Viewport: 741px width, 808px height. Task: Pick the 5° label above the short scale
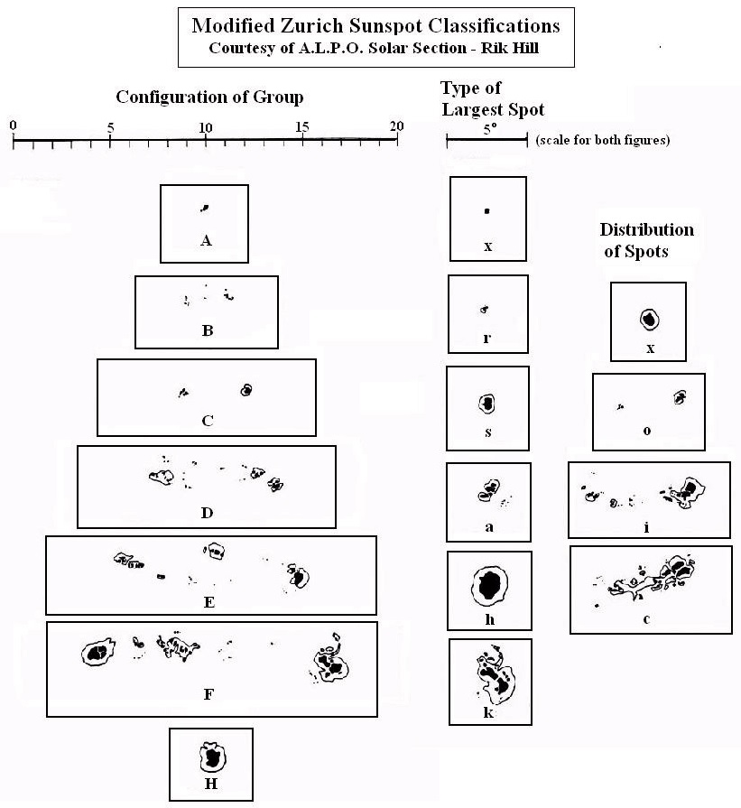coord(488,128)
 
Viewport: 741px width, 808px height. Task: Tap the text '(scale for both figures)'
coord(602,141)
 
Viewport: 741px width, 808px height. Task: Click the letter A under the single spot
coord(206,240)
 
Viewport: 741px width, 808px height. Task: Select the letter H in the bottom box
coord(211,783)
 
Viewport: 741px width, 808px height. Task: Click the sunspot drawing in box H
coord(212,755)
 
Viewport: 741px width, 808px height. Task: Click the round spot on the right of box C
coord(245,389)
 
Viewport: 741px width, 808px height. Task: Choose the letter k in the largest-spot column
coord(488,713)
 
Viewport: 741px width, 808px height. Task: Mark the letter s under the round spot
coord(487,432)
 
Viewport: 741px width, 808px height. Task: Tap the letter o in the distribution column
coord(646,431)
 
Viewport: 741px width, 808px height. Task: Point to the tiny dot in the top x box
coord(486,211)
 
